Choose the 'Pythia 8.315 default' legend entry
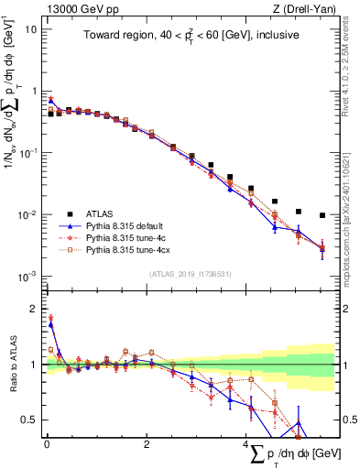coord(129,224)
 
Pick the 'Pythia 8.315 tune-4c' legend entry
coord(129,236)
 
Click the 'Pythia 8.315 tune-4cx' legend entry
coord(131,248)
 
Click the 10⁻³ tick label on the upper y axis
coord(28,276)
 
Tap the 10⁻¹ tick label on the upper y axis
coord(28,153)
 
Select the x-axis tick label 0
coord(47,443)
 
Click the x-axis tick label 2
coord(147,443)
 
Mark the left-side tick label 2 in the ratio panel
coord(34,310)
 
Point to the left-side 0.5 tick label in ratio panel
coord(30,420)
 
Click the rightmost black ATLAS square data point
coord(322,216)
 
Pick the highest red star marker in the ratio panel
coord(49,318)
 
